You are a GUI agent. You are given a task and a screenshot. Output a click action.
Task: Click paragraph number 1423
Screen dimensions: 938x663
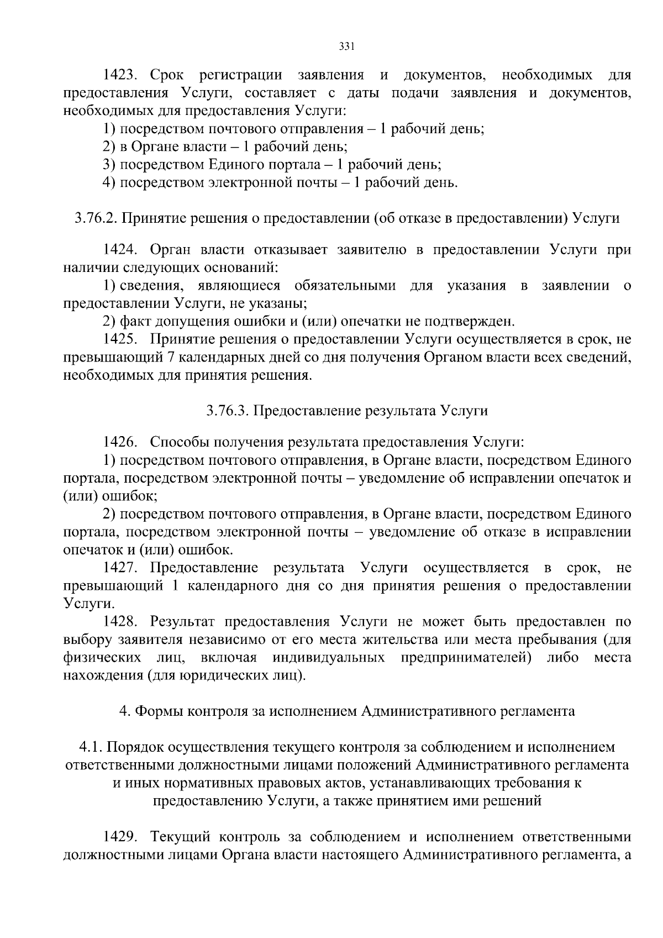[122, 75]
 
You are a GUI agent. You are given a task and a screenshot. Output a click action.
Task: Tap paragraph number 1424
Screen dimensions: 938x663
[122, 250]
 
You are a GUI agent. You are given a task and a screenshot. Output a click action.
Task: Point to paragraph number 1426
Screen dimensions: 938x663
[121, 442]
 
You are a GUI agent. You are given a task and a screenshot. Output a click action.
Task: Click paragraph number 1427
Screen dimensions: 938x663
[121, 568]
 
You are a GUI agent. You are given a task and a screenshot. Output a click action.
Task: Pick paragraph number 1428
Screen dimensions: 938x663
[122, 621]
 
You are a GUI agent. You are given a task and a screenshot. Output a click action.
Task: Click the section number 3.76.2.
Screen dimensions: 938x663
[96, 218]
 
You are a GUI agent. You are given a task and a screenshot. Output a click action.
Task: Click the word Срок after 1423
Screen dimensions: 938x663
[167, 75]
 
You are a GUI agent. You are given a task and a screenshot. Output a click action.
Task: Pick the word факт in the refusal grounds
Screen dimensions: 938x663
[135, 321]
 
